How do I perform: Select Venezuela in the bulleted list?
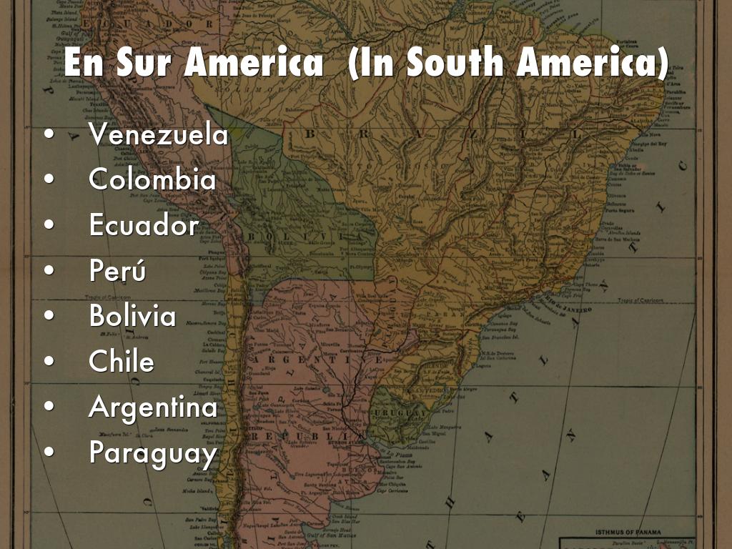(x=159, y=134)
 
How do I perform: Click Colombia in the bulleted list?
(x=152, y=179)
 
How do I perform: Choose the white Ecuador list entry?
(x=144, y=225)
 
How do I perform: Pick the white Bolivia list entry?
(x=132, y=316)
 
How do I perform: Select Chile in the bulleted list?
(x=122, y=361)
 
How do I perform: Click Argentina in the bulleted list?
(x=153, y=407)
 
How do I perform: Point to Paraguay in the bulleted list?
(x=152, y=452)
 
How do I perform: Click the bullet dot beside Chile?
(x=49, y=362)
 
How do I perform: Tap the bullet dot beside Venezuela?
(x=49, y=135)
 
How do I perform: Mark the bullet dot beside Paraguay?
(x=49, y=452)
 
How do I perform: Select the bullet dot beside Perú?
(x=49, y=271)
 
